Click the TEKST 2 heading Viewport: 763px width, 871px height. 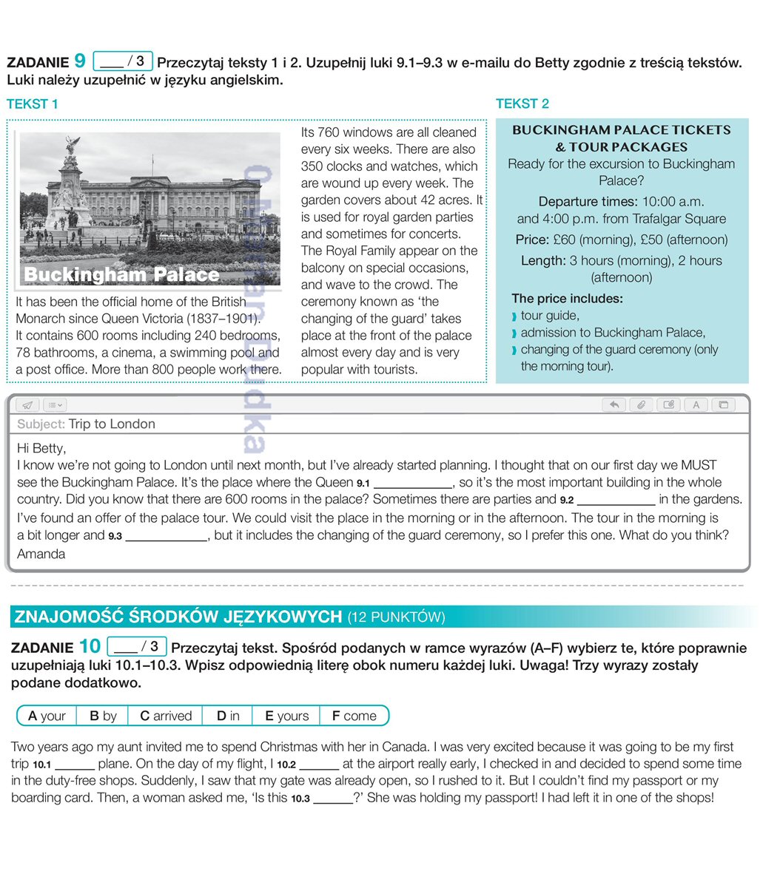pos(522,104)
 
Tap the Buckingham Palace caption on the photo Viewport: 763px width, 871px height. pos(122,275)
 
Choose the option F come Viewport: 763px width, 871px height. pos(354,716)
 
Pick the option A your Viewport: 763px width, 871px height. pos(47,716)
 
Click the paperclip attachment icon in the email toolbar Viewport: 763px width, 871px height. pos(642,405)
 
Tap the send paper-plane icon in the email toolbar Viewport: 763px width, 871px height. pos(27,405)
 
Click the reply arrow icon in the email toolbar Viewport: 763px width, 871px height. pos(614,405)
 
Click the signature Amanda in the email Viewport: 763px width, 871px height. pos(41,554)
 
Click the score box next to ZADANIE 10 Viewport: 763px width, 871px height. pos(137,646)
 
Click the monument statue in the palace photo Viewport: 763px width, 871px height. pos(71,185)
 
